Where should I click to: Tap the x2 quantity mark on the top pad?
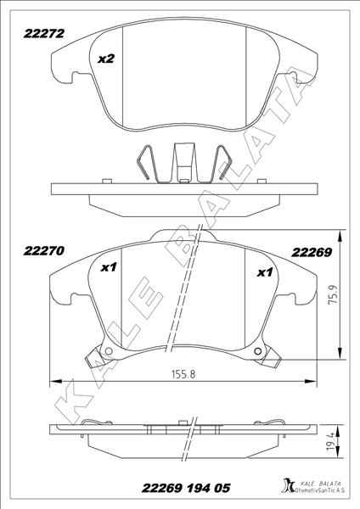coord(106,59)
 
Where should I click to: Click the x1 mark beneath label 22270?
coord(108,269)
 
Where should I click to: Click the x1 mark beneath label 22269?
coord(264,272)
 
